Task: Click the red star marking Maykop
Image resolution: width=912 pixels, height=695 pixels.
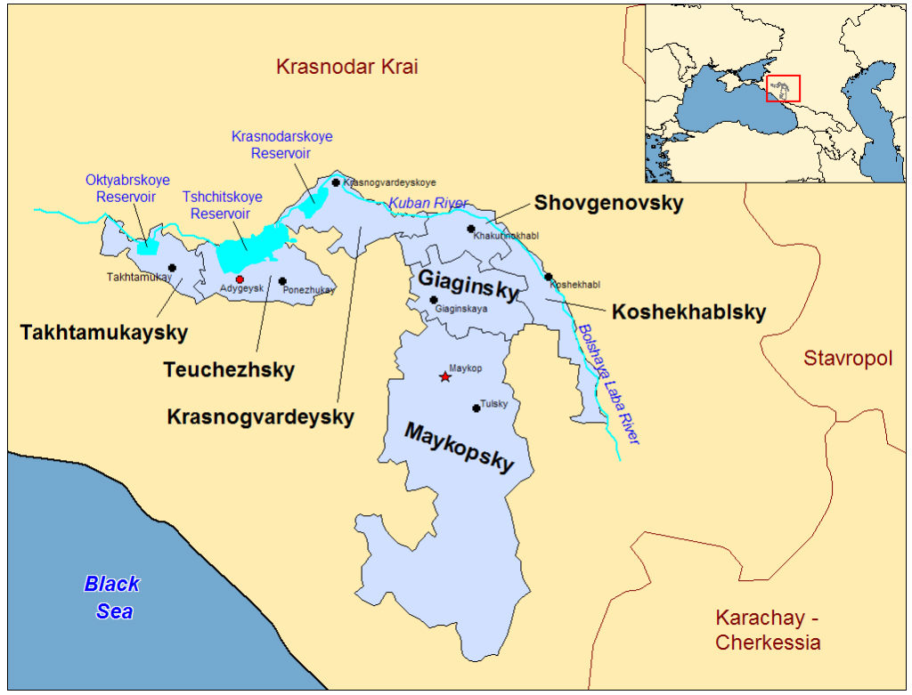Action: click(445, 376)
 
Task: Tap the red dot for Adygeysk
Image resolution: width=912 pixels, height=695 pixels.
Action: click(240, 279)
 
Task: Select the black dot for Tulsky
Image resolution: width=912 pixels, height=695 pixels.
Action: click(476, 408)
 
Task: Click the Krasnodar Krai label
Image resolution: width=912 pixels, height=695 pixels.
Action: click(346, 67)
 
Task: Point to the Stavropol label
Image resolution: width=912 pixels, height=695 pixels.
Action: click(847, 359)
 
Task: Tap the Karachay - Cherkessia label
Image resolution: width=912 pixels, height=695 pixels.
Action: click(768, 630)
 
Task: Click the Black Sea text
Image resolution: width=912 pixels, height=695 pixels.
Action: click(113, 597)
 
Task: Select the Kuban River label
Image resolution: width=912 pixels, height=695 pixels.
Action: click(427, 204)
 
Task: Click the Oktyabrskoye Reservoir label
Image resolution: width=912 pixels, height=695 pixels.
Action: click(127, 188)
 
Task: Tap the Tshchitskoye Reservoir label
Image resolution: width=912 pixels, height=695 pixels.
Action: click(217, 205)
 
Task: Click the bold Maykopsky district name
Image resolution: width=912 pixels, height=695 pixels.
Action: click(460, 447)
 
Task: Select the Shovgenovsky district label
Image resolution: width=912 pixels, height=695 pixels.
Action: click(608, 203)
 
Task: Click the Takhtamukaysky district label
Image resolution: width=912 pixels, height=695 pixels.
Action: click(103, 333)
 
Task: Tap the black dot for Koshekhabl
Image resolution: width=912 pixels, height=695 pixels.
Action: click(549, 277)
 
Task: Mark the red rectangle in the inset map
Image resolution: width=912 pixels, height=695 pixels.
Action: click(783, 88)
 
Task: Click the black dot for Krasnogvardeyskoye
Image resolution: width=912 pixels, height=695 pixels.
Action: click(336, 182)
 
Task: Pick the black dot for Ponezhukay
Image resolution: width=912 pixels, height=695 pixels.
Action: click(282, 281)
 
